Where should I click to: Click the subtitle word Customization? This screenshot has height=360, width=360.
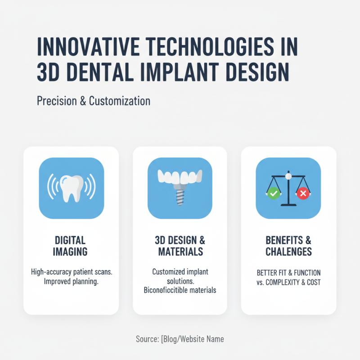119,100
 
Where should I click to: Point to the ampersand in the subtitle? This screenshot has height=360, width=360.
82,100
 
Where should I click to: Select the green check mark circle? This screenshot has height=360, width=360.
273,193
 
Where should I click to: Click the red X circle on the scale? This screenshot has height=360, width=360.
303,193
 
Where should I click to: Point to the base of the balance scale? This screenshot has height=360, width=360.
288,205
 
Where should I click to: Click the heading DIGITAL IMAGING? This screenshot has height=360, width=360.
71,245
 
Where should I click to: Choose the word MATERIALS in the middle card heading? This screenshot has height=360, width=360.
180,251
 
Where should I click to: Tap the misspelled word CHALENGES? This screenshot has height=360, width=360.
288,251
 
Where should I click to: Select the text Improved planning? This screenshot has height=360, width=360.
71,282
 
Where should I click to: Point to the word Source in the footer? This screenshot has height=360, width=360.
147,339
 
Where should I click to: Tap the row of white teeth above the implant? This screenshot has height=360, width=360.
180,177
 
